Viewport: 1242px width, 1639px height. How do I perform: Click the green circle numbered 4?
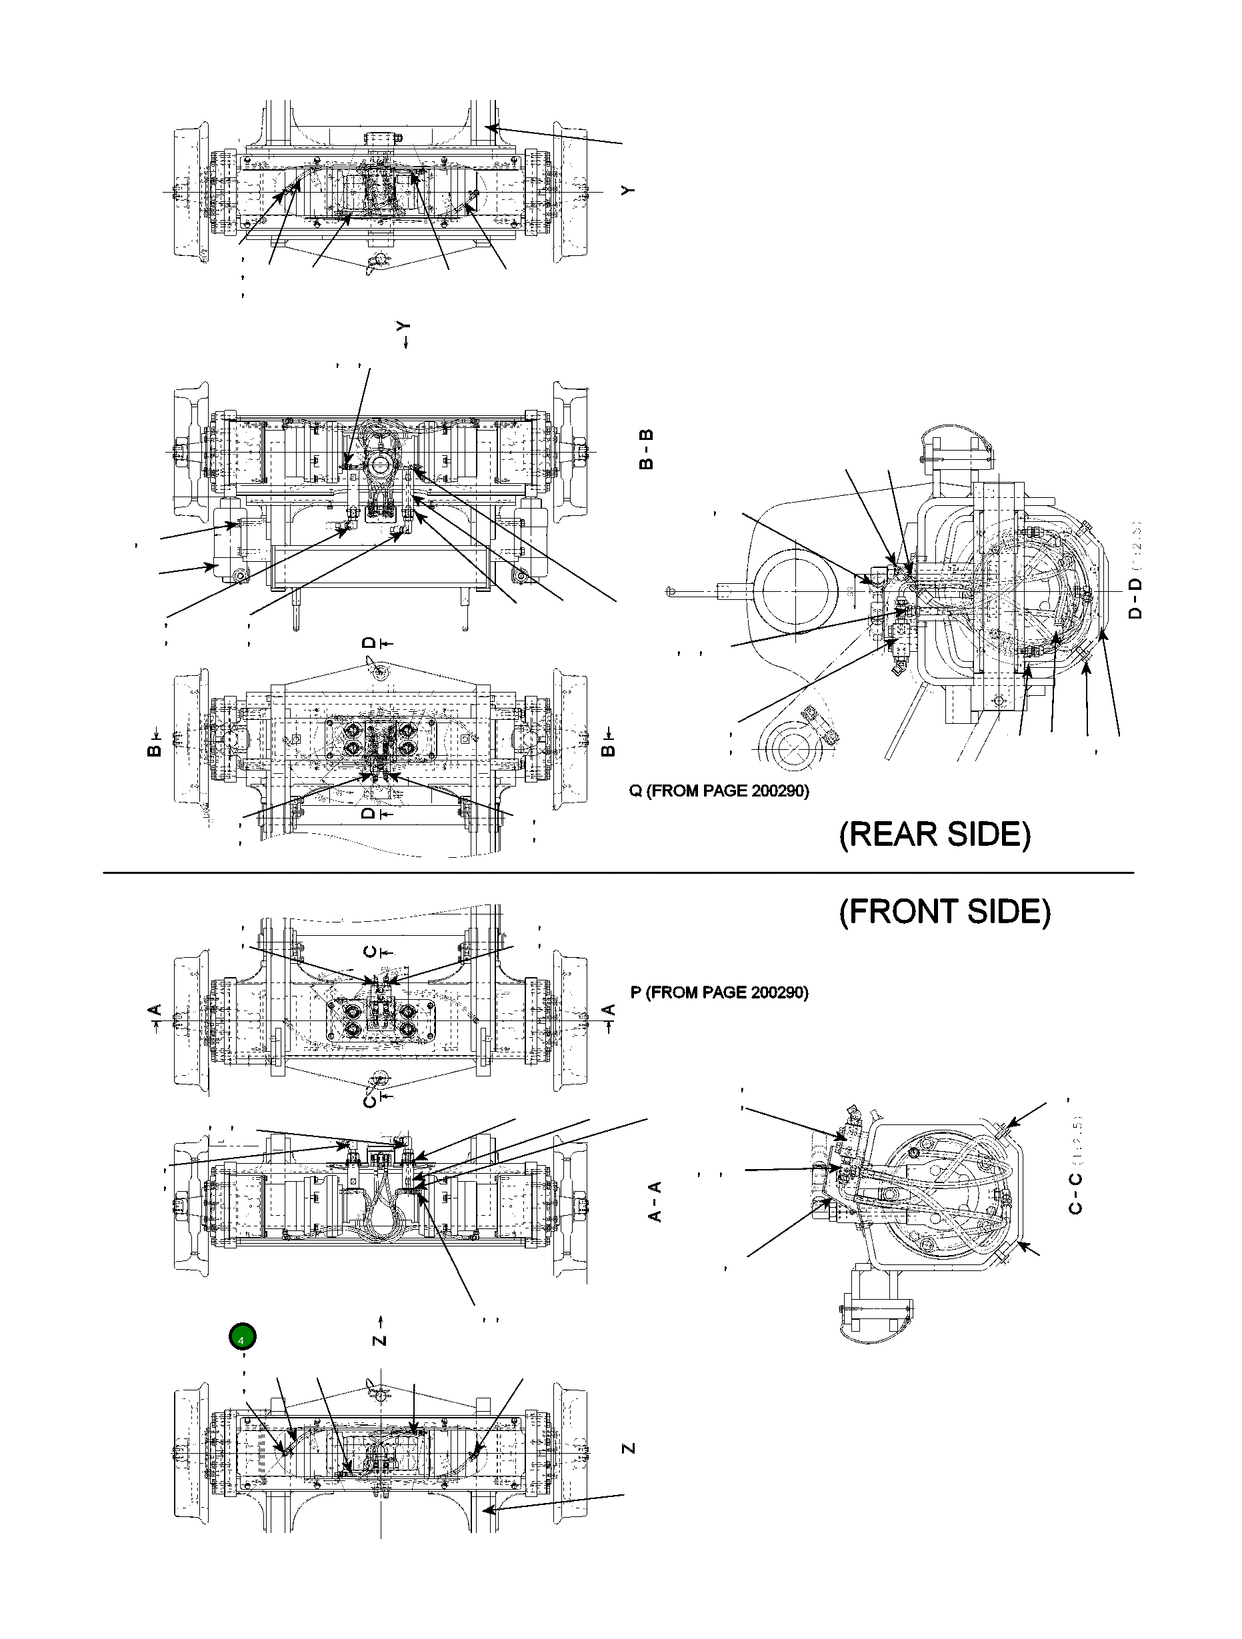pos(242,1338)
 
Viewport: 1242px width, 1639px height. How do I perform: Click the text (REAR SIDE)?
pos(935,834)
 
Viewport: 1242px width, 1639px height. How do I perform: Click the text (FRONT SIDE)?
pos(945,911)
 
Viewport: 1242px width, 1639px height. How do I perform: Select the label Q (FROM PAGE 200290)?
pos(719,791)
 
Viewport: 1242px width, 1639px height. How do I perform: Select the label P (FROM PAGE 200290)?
pos(719,992)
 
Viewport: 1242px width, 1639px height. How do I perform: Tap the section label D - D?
pos(1135,599)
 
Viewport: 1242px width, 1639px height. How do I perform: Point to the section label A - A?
pos(655,1201)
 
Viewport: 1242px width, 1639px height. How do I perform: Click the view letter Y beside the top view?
pos(629,191)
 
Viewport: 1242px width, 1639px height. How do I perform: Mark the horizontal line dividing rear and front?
pos(618,873)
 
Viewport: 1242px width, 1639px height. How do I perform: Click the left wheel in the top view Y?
pos(191,194)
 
